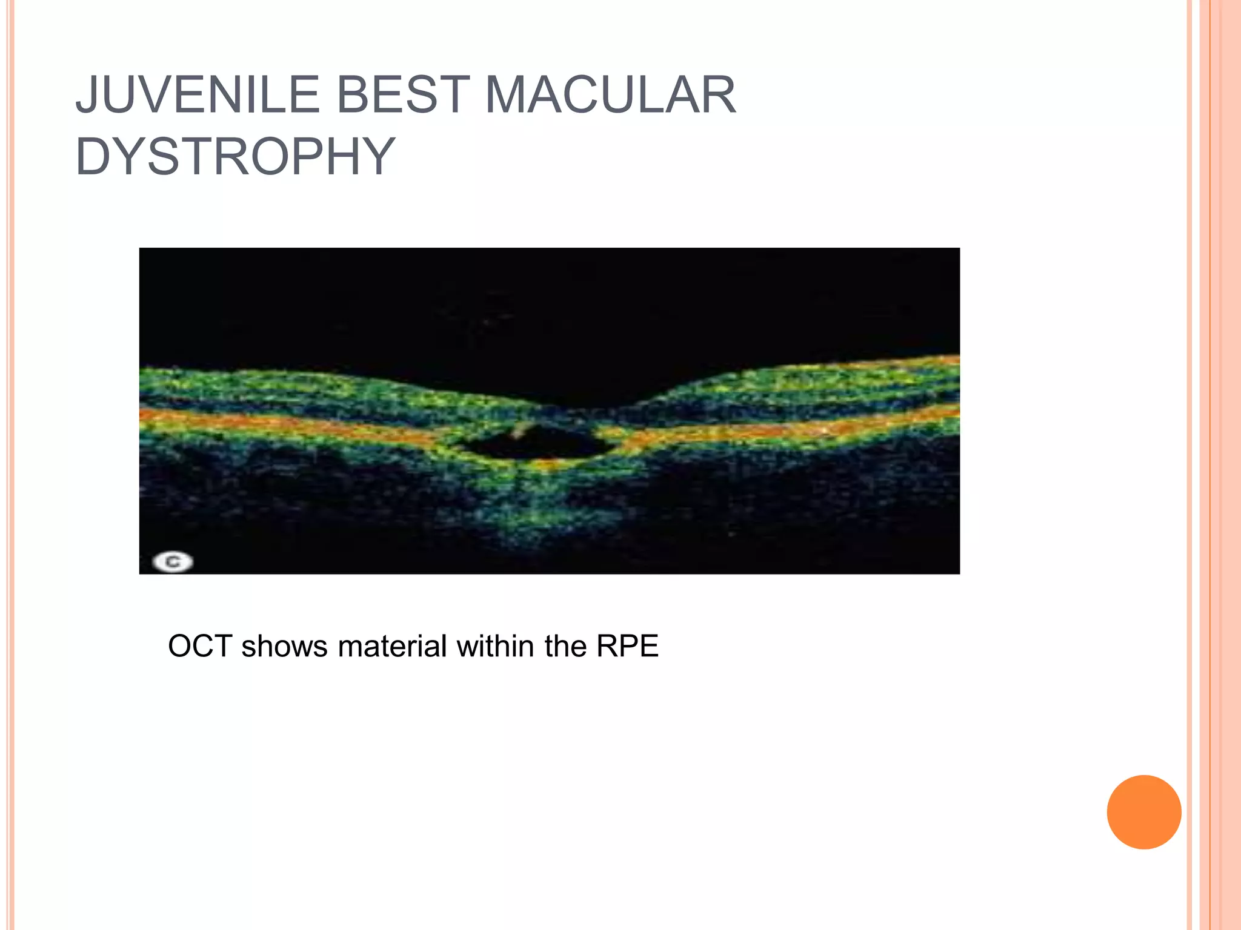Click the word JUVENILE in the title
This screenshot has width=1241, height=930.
click(197, 95)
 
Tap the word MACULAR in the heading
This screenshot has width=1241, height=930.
click(610, 95)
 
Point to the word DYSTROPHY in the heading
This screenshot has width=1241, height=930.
click(235, 157)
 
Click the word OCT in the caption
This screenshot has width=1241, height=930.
click(200, 646)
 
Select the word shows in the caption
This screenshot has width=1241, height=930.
click(284, 646)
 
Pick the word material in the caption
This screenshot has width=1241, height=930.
click(393, 646)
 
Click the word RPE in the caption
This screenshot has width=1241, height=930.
click(627, 646)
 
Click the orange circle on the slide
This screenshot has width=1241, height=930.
click(1143, 812)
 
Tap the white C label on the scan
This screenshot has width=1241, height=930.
click(173, 562)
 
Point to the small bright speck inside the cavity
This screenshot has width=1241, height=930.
click(519, 431)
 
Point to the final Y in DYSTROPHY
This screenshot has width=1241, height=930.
click(377, 157)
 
